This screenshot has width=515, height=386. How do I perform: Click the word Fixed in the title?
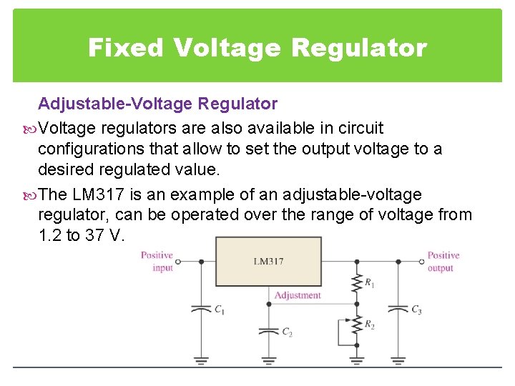125,48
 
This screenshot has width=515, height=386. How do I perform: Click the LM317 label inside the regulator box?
268,262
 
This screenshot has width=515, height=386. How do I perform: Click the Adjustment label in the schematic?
298,295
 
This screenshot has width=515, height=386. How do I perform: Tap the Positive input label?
157,262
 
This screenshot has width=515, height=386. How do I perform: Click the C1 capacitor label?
219,310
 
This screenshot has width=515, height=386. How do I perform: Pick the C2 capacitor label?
287,332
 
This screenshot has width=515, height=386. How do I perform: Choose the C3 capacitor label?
416,310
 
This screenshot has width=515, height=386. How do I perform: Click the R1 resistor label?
369,284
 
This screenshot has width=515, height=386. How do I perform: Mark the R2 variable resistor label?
369,325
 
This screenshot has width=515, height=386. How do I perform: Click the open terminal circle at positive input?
178,262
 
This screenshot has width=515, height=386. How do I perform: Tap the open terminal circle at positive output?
421,262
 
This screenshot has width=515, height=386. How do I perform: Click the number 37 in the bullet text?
94,235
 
